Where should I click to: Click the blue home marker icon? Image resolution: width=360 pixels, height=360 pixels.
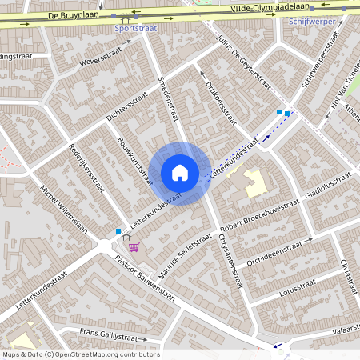coord(180,173)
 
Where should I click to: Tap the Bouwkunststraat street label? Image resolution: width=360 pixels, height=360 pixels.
coord(134,161)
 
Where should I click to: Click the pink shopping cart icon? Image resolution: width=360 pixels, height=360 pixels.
coord(134,246)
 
